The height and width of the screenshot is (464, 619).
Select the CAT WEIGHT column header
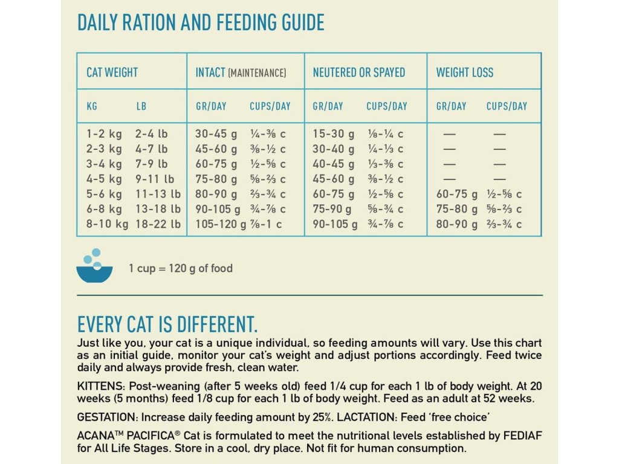[x=112, y=72]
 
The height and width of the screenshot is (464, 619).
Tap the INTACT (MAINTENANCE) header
[x=241, y=72]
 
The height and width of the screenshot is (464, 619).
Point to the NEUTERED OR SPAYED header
[x=358, y=72]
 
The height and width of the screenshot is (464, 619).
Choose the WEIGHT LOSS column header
[x=464, y=72]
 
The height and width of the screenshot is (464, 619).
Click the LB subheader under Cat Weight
[x=141, y=106]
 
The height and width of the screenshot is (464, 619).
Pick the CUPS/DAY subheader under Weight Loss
[x=507, y=106]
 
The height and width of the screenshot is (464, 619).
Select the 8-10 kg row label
[x=107, y=224]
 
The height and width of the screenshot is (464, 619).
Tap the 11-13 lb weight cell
[x=158, y=194]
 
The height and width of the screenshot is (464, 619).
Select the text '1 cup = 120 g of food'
[x=180, y=268]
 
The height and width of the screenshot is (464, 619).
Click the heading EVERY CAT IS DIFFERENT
[x=167, y=324]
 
